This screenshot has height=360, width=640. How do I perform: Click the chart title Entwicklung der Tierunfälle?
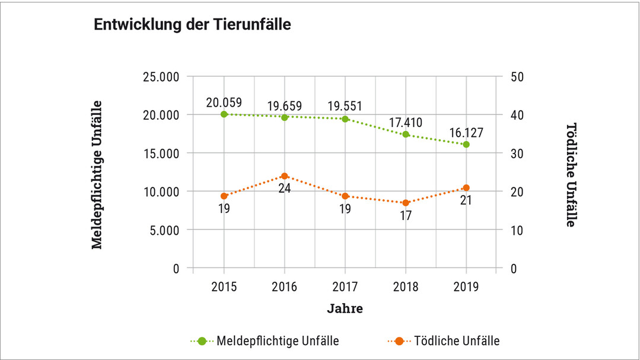[192, 25]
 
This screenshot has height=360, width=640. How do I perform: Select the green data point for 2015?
[224, 114]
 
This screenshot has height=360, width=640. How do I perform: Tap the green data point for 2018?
[406, 134]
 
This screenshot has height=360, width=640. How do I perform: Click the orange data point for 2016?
[285, 176]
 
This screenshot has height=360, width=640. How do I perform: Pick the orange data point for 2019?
[466, 188]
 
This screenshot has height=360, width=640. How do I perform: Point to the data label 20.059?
[224, 102]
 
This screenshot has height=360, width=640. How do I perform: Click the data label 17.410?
[406, 123]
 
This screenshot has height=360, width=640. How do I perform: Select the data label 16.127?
[466, 132]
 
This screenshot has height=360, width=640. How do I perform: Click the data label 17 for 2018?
[406, 216]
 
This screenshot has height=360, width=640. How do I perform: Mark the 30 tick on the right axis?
[515, 153]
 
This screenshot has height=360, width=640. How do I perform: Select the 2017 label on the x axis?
[345, 287]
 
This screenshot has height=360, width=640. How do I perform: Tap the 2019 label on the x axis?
[466, 287]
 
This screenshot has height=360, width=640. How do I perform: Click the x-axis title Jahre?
[345, 309]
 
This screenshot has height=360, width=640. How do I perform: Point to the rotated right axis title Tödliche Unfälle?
[571, 174]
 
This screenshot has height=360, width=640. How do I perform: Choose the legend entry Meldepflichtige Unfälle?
[278, 341]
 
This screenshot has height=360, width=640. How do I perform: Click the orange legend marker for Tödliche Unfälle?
[399, 341]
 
